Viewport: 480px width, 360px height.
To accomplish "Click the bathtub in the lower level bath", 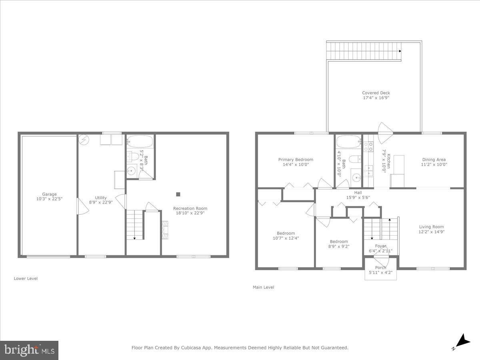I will tap(140, 142).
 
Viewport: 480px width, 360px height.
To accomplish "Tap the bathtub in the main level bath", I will tap(349, 142).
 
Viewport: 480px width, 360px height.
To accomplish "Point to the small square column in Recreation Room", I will tap(178, 194).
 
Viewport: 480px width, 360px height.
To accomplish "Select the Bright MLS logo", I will tap(29, 350).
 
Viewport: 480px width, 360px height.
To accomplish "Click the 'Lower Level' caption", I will tap(26, 278).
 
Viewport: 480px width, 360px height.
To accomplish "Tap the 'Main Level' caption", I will tap(263, 287).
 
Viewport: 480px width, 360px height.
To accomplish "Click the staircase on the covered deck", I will tap(364, 51).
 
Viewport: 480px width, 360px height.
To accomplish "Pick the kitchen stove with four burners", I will tap(368, 146).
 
